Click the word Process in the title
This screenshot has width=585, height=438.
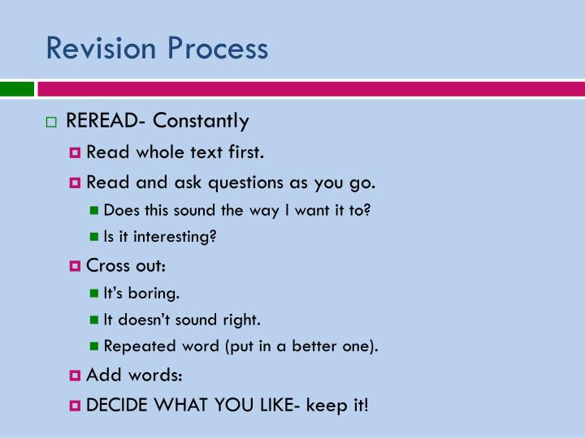pyautogui.click(x=217, y=49)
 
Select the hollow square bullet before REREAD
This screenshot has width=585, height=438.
pyautogui.click(x=51, y=122)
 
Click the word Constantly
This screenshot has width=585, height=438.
pyautogui.click(x=201, y=122)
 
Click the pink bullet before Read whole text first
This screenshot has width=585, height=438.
pyautogui.click(x=76, y=152)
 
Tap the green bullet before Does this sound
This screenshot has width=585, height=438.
pyautogui.click(x=94, y=211)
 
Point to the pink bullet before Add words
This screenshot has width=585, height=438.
pyautogui.click(x=76, y=376)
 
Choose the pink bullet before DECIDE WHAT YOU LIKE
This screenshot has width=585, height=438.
pyautogui.click(x=76, y=405)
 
